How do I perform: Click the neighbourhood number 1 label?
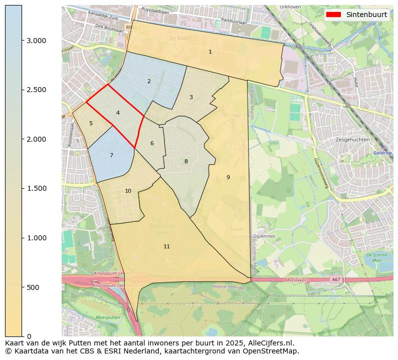click(x=210, y=52)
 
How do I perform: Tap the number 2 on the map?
click(x=149, y=81)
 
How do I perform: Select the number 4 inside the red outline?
click(x=118, y=113)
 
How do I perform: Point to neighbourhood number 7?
click(x=111, y=156)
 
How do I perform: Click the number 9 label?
click(x=228, y=177)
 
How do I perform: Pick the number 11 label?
click(x=166, y=246)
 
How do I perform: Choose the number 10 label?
click(x=128, y=191)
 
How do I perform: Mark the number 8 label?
click(x=186, y=161)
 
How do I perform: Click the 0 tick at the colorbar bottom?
click(x=30, y=336)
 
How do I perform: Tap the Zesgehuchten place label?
click(x=353, y=140)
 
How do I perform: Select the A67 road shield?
click(x=335, y=279)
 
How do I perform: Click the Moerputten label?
click(x=108, y=317)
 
